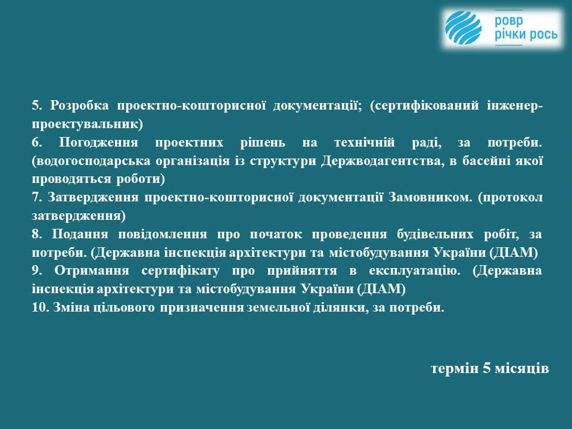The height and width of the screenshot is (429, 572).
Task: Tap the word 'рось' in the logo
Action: [542, 35]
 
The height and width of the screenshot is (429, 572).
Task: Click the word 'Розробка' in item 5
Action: [79, 106]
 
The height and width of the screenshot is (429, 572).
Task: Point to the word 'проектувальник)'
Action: [87, 125]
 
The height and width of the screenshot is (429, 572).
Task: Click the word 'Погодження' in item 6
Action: [98, 142]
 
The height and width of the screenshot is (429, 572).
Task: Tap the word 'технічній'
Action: [365, 142]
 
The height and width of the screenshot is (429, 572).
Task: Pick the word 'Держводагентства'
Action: [383, 161]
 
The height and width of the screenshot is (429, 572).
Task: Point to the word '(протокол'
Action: [510, 198]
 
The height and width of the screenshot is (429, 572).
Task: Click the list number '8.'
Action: [37, 234]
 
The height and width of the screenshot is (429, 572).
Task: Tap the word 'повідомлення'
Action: [163, 234]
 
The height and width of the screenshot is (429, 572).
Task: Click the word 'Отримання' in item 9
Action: [92, 271]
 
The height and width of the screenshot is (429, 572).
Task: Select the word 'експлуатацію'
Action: [415, 271]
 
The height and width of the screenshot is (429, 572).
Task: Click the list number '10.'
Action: [41, 307]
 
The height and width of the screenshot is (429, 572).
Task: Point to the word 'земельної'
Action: [276, 307]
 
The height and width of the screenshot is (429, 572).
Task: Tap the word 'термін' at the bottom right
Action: [455, 368]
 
